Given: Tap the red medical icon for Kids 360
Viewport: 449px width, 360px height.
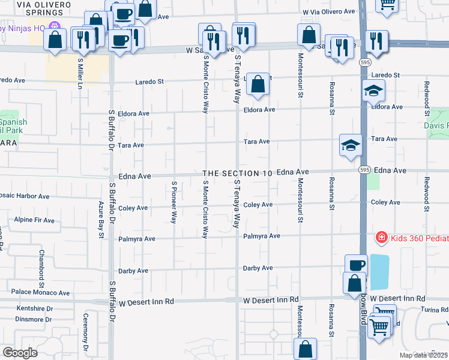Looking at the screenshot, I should (380, 238).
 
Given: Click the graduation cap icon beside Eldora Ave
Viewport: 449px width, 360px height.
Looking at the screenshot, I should (373, 91).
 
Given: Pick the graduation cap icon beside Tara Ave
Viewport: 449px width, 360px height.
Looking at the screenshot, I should (351, 145).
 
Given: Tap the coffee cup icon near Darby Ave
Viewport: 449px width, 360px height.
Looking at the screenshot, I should (356, 265).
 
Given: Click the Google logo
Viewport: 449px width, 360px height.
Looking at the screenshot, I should (20, 352).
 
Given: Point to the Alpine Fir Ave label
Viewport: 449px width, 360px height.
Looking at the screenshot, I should (34, 220).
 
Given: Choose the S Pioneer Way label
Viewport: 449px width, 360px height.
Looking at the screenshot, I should (173, 203).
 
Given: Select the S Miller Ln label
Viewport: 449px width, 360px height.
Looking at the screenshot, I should (79, 72).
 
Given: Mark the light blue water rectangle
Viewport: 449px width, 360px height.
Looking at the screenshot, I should (379, 271).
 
